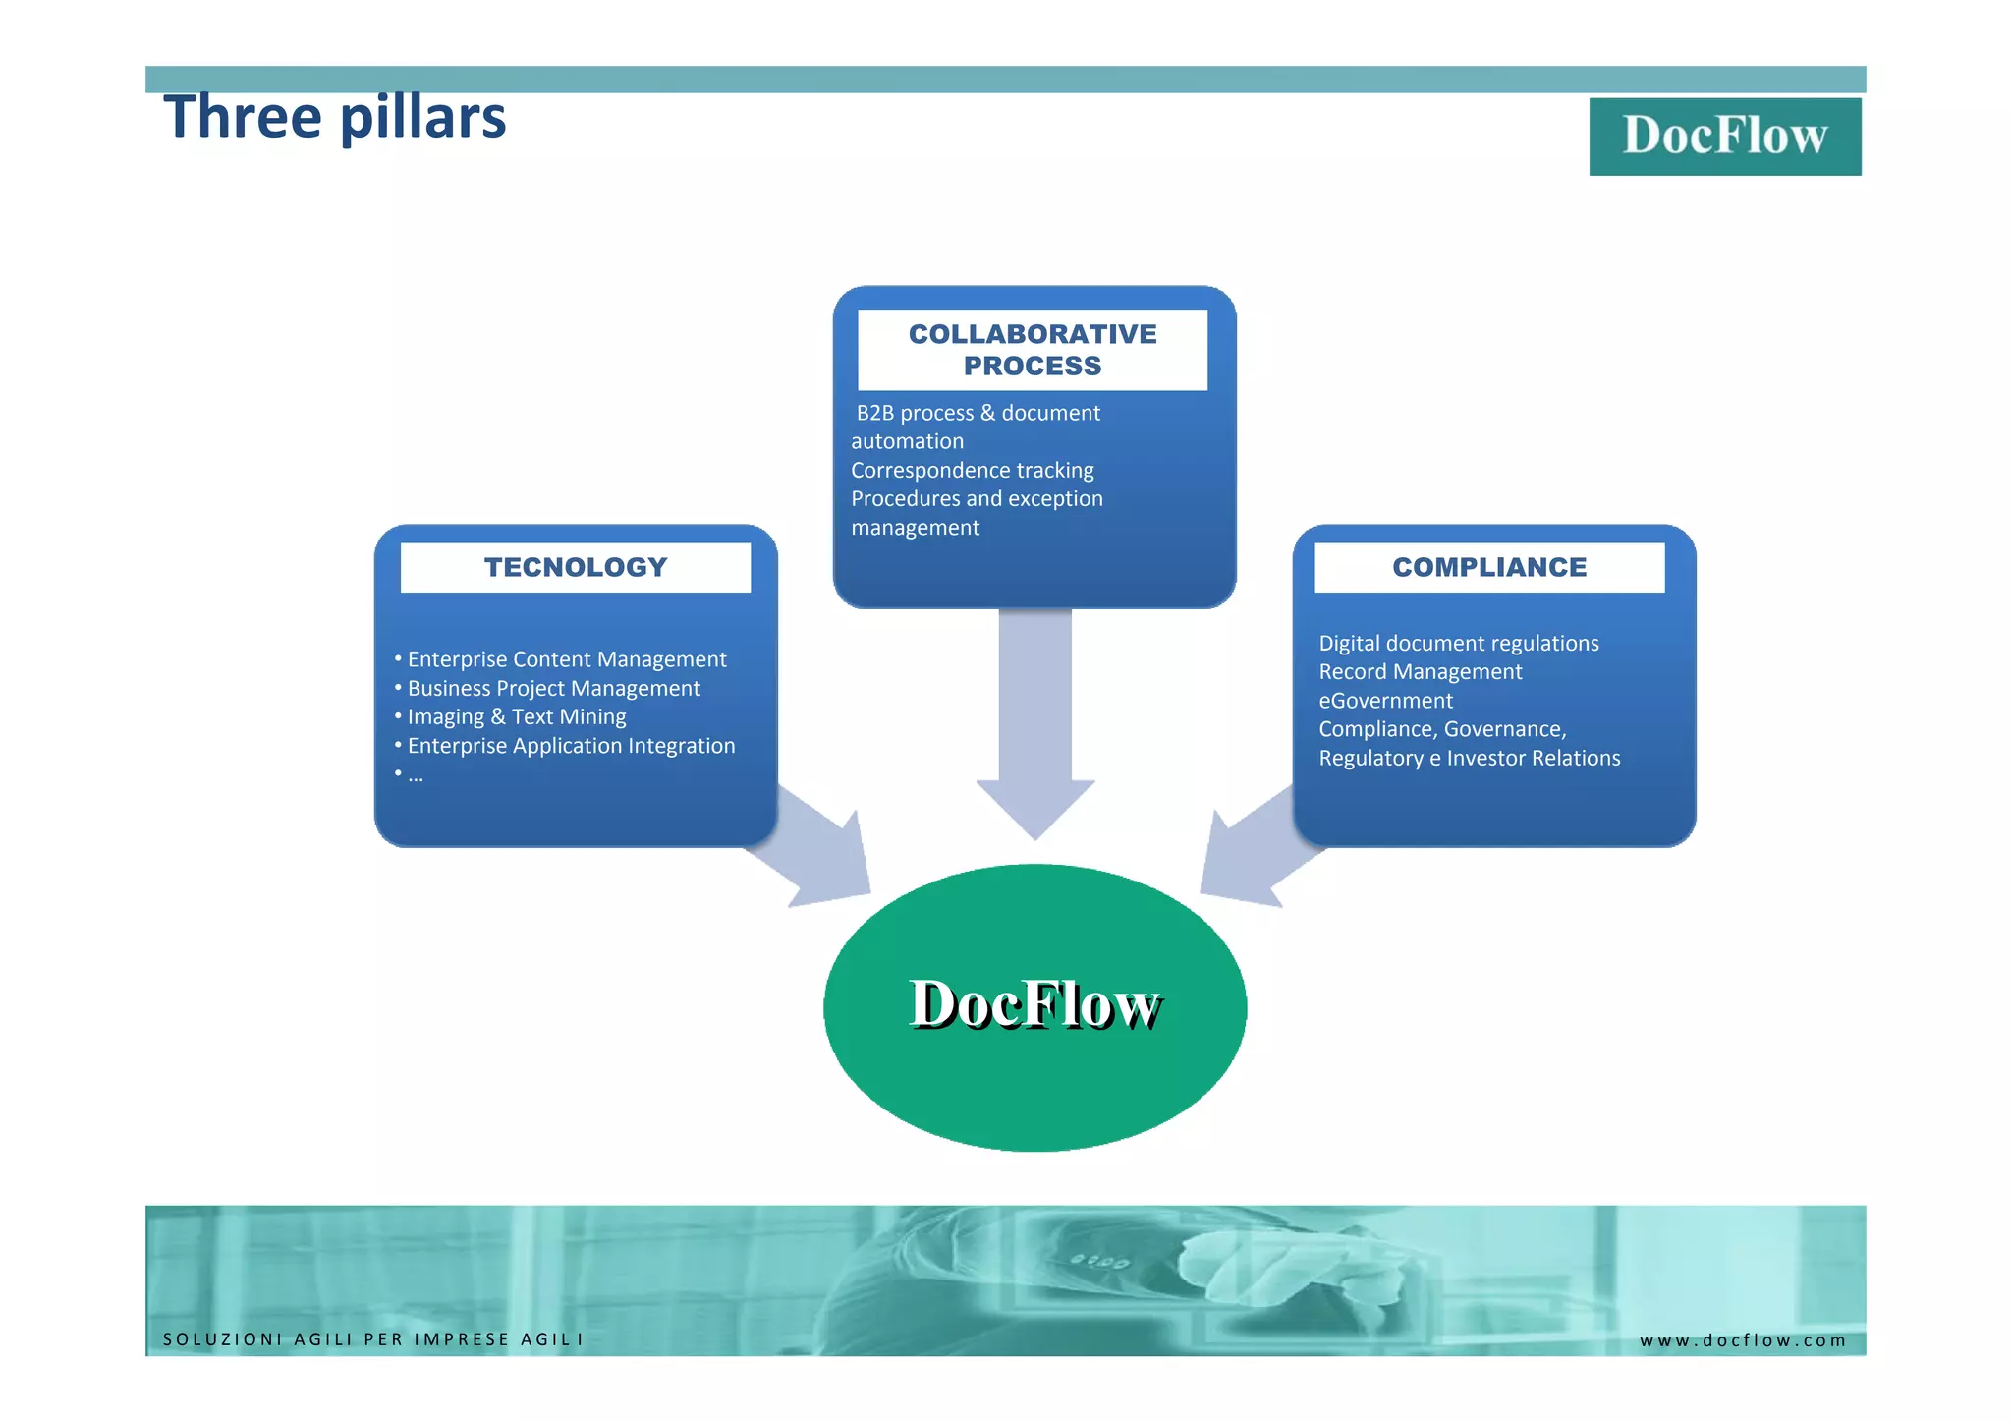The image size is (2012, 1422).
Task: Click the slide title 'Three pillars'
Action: click(334, 118)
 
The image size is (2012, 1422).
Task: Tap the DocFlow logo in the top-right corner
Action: click(1724, 136)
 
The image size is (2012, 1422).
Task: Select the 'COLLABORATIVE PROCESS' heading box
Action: click(1032, 350)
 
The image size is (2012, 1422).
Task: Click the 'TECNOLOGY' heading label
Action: click(575, 567)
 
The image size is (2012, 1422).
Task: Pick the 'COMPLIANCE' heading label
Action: click(1488, 567)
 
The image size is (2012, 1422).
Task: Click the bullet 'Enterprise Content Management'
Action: click(567, 659)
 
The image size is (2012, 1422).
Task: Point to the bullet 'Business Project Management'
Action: click(553, 688)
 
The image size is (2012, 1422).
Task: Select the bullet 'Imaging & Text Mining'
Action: click(517, 717)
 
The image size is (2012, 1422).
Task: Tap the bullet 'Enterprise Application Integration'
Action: click(571, 746)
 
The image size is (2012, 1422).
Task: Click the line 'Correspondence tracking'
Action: click(972, 470)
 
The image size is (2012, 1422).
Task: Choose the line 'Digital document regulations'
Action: click(1458, 643)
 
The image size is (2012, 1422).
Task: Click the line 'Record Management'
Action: click(1420, 671)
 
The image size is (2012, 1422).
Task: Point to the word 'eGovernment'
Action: click(1385, 701)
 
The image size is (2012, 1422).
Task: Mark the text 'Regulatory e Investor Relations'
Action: click(1469, 758)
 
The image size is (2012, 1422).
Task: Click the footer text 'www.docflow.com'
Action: click(1742, 1340)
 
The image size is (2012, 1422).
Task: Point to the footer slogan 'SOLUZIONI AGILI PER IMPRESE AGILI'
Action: click(372, 1339)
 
